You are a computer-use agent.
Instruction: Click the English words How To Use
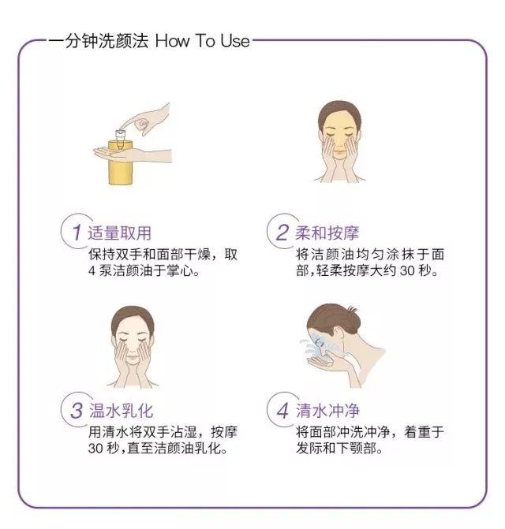(202, 40)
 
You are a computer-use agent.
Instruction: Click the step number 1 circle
(75, 233)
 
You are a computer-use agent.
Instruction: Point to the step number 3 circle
(75, 411)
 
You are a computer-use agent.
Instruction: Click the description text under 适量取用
(162, 263)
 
